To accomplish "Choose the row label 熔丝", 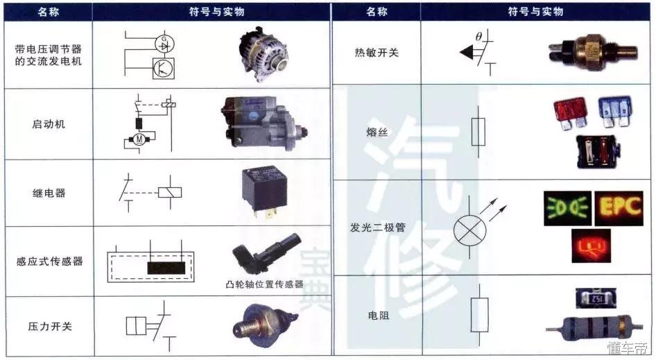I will coord(377,132).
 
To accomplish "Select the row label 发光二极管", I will coord(377,227).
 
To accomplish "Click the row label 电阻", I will coord(377,315).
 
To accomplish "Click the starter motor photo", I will coord(261,125).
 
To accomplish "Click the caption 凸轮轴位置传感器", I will coord(265,284).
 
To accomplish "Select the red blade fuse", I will coord(570,111).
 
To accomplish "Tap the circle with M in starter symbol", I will coord(139,140).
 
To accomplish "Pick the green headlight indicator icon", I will coord(567,207).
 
